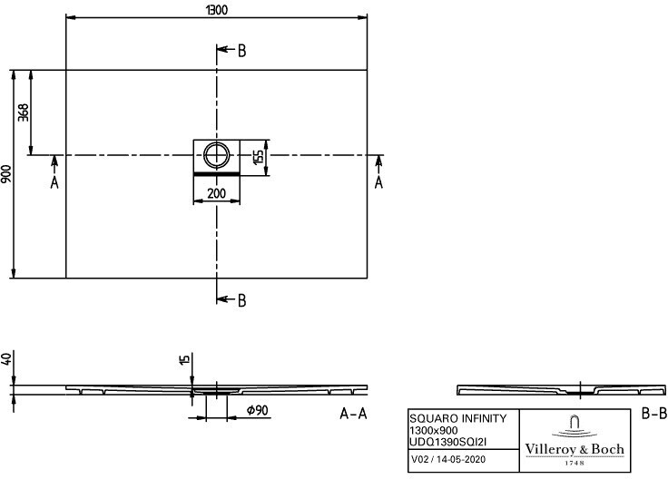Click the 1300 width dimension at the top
coord(216,10)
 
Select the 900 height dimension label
coord(6,174)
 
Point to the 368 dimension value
coord(24,112)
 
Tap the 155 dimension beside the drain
coord(259,157)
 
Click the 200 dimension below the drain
coord(216,193)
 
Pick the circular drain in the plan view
coord(216,155)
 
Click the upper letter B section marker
coord(241,51)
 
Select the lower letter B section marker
coord(241,300)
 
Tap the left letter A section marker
coord(54,182)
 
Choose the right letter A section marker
coord(378,182)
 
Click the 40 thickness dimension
coord(6,359)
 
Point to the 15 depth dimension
coord(184,360)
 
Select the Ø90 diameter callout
coord(258,410)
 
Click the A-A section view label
coord(353,413)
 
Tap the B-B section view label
coord(654,413)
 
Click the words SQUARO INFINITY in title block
coord(458,418)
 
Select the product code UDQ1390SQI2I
coord(447,442)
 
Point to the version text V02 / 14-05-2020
coord(448,459)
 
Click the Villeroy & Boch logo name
coord(575,449)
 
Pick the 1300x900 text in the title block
coord(434,430)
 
